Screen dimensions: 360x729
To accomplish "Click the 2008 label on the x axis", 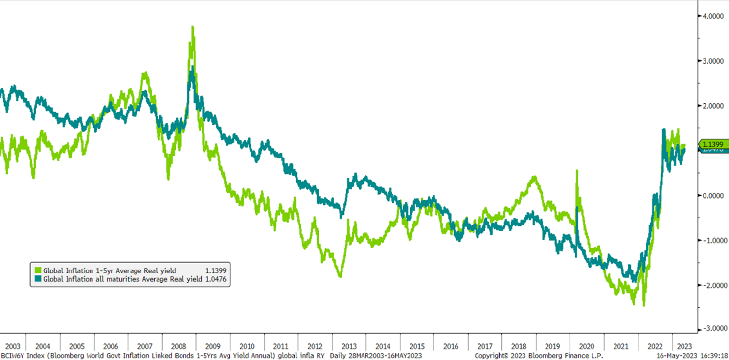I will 179,346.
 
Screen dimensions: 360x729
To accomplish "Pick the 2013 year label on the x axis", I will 348,346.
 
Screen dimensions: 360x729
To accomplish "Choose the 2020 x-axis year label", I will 587,346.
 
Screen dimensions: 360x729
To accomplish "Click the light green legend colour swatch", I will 38,270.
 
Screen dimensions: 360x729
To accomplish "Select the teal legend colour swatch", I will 38,279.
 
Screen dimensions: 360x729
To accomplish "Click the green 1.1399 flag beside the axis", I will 712,144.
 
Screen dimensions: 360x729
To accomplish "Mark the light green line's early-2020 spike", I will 577,171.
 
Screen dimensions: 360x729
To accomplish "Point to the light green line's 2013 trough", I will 340,277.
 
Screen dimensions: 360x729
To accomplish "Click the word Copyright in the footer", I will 491,355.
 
